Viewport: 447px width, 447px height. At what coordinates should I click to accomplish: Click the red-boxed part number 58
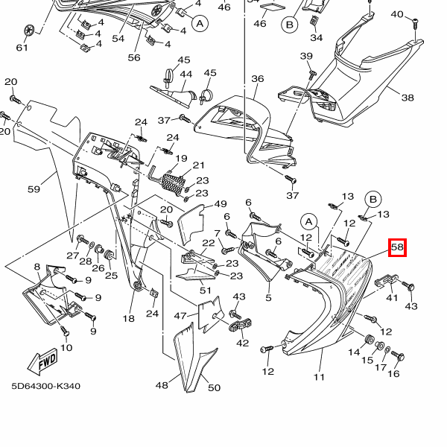tap(397, 247)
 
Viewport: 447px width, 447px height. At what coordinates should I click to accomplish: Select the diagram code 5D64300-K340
tap(45, 387)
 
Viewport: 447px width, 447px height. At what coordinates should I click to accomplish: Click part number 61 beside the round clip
tap(22, 48)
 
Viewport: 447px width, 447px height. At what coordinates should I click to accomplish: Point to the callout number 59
tap(34, 189)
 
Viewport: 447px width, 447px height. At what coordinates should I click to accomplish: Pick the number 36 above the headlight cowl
tap(257, 79)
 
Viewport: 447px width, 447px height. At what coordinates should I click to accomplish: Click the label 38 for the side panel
tap(408, 98)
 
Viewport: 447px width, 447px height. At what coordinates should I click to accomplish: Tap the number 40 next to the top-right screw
tap(397, 15)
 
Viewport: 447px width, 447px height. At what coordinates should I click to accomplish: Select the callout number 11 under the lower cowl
tap(320, 377)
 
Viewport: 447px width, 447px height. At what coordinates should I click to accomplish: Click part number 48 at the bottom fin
tap(162, 385)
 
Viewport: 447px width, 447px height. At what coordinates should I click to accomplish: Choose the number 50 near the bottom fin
tap(214, 387)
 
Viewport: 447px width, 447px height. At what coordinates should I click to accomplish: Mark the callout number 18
tap(129, 318)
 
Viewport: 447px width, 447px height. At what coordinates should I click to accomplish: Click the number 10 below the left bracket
tap(67, 348)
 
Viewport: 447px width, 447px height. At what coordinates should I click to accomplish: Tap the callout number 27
tap(72, 256)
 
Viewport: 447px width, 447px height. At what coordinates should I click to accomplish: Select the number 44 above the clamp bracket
tap(186, 74)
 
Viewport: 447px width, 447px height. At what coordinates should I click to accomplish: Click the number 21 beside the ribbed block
tap(198, 165)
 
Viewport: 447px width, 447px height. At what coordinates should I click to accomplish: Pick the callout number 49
tap(220, 204)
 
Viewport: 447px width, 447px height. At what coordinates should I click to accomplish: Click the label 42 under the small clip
tap(242, 343)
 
